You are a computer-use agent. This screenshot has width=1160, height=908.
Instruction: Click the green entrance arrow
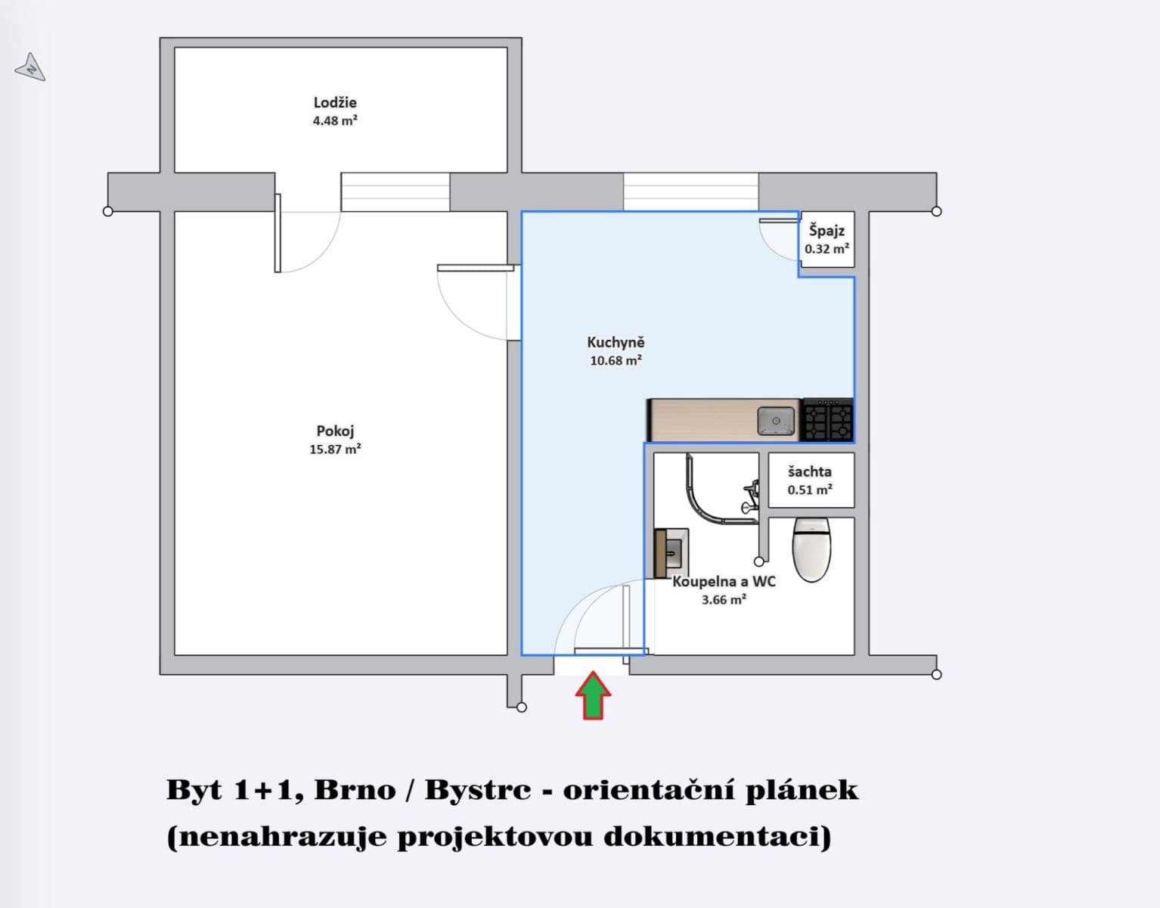594,695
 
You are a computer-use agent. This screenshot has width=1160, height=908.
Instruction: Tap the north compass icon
30,68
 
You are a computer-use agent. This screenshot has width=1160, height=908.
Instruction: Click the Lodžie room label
335,102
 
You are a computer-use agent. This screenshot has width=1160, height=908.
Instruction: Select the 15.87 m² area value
335,449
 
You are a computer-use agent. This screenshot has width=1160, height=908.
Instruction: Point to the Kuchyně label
616,343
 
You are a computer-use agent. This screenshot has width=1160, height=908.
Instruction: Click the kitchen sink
776,421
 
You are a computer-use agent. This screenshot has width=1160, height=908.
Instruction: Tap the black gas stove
827,421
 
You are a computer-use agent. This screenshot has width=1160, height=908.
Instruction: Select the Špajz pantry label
827,230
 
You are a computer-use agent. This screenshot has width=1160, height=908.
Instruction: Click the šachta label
810,471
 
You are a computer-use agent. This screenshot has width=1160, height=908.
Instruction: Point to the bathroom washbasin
671,552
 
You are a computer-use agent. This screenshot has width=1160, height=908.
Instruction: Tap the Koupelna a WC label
724,582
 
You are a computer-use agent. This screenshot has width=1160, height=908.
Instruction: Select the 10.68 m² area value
616,361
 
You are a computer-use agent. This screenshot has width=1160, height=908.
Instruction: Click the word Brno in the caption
355,790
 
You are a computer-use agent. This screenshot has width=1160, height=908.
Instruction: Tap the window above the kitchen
690,191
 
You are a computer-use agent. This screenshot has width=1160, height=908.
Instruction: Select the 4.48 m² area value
335,120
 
